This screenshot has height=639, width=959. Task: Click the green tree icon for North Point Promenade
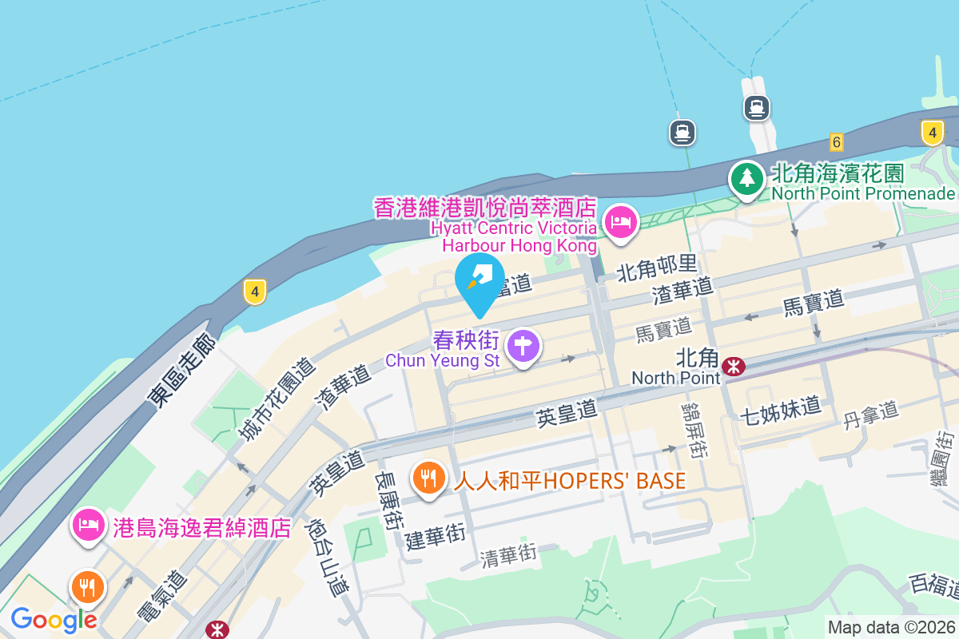click(x=746, y=178)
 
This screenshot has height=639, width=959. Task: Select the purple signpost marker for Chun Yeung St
click(x=523, y=347)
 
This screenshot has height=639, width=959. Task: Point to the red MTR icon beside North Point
click(x=733, y=367)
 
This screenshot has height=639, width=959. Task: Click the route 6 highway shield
click(x=837, y=142)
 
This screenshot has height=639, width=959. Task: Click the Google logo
click(x=54, y=619)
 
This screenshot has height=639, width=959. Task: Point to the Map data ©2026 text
click(x=891, y=627)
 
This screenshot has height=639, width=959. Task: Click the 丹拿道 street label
click(x=871, y=415)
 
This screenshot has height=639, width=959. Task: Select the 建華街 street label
click(x=435, y=534)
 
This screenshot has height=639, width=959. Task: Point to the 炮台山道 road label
click(x=328, y=558)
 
